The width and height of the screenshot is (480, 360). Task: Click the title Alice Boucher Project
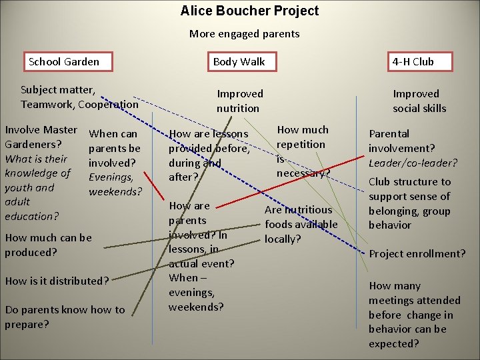pyautogui.click(x=249, y=11)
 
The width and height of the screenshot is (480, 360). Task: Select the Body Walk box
pyautogui.click(x=239, y=62)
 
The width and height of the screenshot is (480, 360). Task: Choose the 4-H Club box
pyautogui.click(x=413, y=62)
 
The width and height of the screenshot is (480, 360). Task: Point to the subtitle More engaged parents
pyautogui.click(x=244, y=33)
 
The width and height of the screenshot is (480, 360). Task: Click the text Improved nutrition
pyautogui.click(x=239, y=101)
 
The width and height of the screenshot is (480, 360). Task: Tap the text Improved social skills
pyautogui.click(x=419, y=101)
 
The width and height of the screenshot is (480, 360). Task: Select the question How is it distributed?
pyautogui.click(x=57, y=281)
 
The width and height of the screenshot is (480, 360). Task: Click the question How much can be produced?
pyautogui.click(x=48, y=245)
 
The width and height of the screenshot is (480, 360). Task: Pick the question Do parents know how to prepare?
pyautogui.click(x=65, y=317)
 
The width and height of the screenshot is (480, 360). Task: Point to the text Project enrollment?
pyautogui.click(x=417, y=253)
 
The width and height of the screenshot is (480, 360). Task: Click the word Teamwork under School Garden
pyautogui.click(x=47, y=104)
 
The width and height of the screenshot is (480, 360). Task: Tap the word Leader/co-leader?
pyautogui.click(x=413, y=163)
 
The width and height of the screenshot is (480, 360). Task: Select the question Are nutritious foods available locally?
pyautogui.click(x=300, y=223)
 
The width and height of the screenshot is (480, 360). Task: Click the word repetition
pyautogui.click(x=301, y=144)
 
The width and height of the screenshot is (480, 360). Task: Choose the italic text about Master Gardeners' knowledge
pyautogui.click(x=37, y=187)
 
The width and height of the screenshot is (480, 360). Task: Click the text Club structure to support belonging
pyautogui.click(x=409, y=203)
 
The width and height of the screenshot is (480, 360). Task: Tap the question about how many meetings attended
pyautogui.click(x=414, y=315)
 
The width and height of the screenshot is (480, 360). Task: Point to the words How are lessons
pyautogui.click(x=208, y=133)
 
